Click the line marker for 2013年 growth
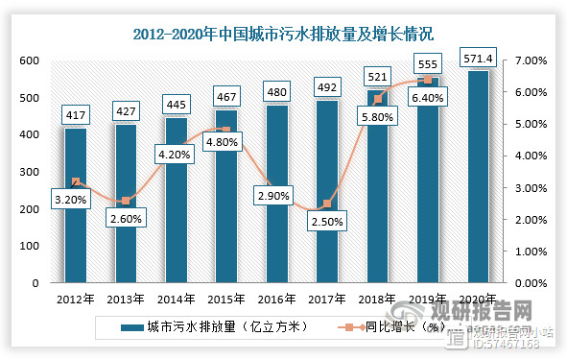pos(127,201)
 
